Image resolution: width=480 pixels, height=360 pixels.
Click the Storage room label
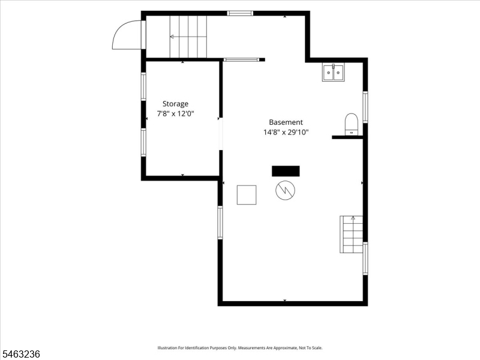coord(175,104)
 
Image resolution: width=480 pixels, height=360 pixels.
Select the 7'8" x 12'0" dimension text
coord(175,114)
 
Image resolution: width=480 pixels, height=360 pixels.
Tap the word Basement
coord(286,122)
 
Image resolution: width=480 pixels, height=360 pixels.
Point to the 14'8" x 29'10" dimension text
coord(286,132)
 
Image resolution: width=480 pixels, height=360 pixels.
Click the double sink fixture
coord(333,72)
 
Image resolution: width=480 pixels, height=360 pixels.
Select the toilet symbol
coord(351,124)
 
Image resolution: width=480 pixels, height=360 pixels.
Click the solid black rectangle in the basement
coord(286,171)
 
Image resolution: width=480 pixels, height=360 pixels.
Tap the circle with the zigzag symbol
coord(285,190)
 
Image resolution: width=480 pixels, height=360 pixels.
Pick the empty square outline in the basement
coord(247,195)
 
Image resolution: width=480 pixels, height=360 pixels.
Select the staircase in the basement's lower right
coord(351,235)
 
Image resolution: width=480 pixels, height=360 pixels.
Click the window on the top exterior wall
coord(240,13)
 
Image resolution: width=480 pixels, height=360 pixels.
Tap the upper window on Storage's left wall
coord(143,86)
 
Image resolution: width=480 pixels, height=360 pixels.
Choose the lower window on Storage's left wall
coord(143,143)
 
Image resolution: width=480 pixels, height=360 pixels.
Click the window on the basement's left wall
coord(220,223)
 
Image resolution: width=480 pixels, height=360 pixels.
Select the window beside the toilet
coord(365,107)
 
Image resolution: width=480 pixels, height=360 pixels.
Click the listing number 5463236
coord(20,354)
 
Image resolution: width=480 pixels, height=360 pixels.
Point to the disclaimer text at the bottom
coord(240,348)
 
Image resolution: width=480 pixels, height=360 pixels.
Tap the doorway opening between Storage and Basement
coord(220,134)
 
